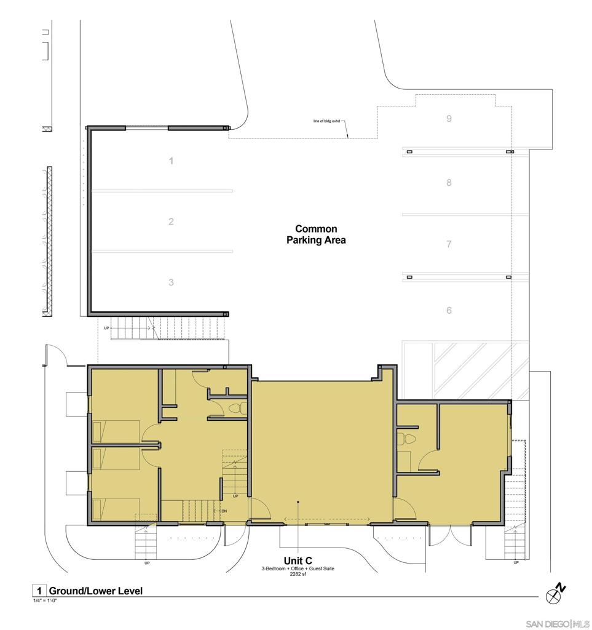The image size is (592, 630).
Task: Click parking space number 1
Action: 171,161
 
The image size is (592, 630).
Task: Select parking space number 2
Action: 171,221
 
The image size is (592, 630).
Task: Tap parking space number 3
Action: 171,282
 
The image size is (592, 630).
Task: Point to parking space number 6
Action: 449,310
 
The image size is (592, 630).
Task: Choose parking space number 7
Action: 449,244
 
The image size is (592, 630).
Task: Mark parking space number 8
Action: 449,182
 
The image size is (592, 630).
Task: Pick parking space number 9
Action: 449,118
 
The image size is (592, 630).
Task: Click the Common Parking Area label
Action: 316,234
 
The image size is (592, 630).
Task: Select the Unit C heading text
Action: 298,560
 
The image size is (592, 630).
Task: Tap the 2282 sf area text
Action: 298,574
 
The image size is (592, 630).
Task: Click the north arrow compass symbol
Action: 555,593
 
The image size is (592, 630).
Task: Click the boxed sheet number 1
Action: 38,591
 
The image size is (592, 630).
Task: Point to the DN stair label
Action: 224,511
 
